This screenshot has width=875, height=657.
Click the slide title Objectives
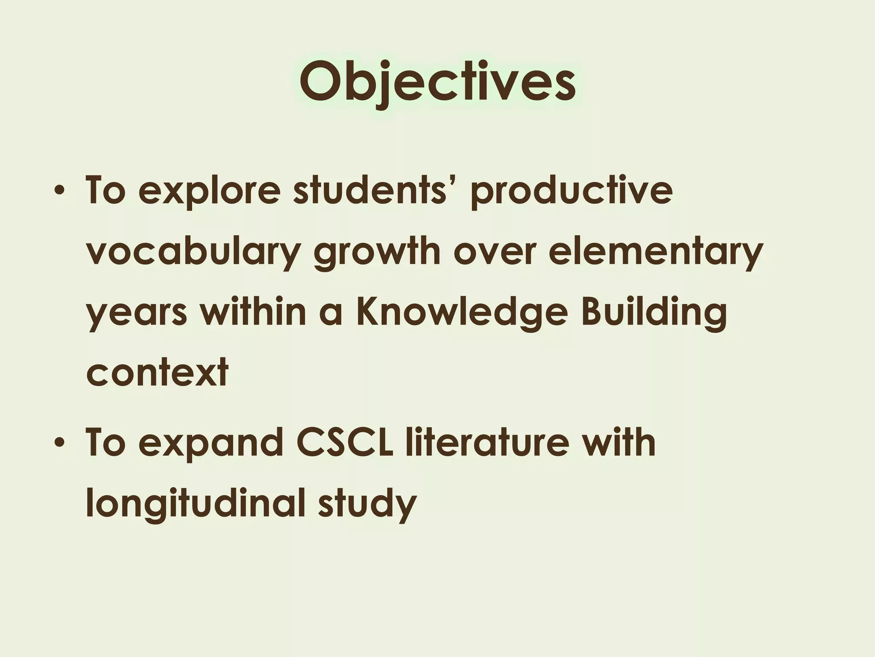click(x=437, y=82)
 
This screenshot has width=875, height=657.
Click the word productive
click(x=571, y=190)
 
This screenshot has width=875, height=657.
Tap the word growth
click(x=377, y=252)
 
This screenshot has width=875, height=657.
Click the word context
click(x=157, y=373)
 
